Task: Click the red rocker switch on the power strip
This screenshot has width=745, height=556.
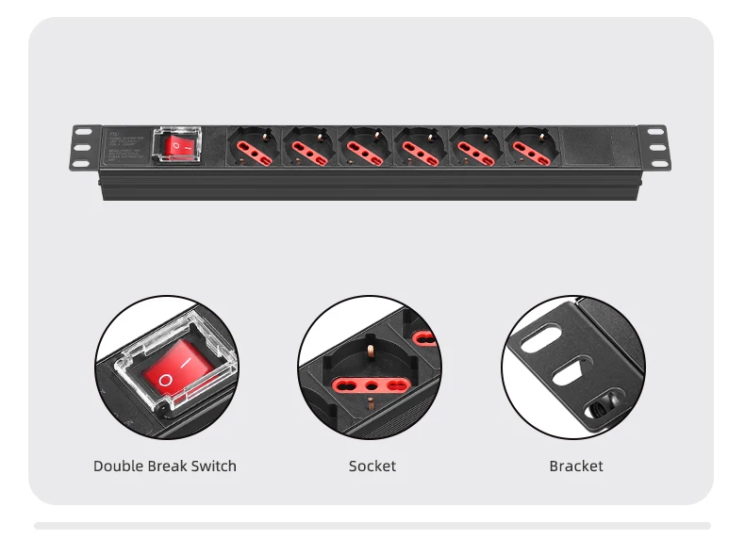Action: pyautogui.click(x=179, y=146)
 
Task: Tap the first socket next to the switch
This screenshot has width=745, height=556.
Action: pyautogui.click(x=255, y=147)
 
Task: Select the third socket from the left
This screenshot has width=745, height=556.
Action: pyautogui.click(x=365, y=147)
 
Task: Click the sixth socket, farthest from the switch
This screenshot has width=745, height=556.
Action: pyautogui.click(x=531, y=147)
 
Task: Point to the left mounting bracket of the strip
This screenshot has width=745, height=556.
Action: pyautogui.click(x=85, y=148)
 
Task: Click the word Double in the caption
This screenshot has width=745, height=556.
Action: pyautogui.click(x=118, y=466)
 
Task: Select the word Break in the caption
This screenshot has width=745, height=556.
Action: pyautogui.click(x=168, y=466)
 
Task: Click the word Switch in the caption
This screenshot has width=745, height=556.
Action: pyautogui.click(x=214, y=466)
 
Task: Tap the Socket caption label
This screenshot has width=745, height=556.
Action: pyautogui.click(x=372, y=466)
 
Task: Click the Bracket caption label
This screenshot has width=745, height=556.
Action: pyautogui.click(x=576, y=466)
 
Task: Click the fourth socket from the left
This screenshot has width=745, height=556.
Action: pyautogui.click(x=421, y=147)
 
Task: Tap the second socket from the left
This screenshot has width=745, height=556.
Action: pyautogui.click(x=310, y=147)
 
